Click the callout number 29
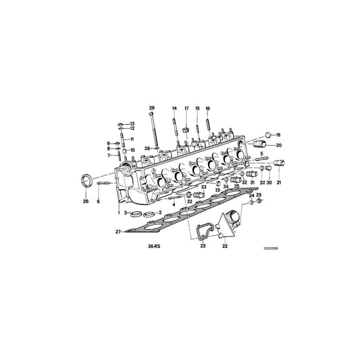152,109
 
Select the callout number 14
174,109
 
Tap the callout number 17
186,109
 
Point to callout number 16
207,109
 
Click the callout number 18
278,135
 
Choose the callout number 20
278,145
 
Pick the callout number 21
278,183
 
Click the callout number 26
86,201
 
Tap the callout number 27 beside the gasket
118,232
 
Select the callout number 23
203,247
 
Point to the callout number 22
224,247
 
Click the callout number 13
132,124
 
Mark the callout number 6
99,201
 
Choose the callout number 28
146,148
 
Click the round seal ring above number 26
85,180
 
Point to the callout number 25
259,196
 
